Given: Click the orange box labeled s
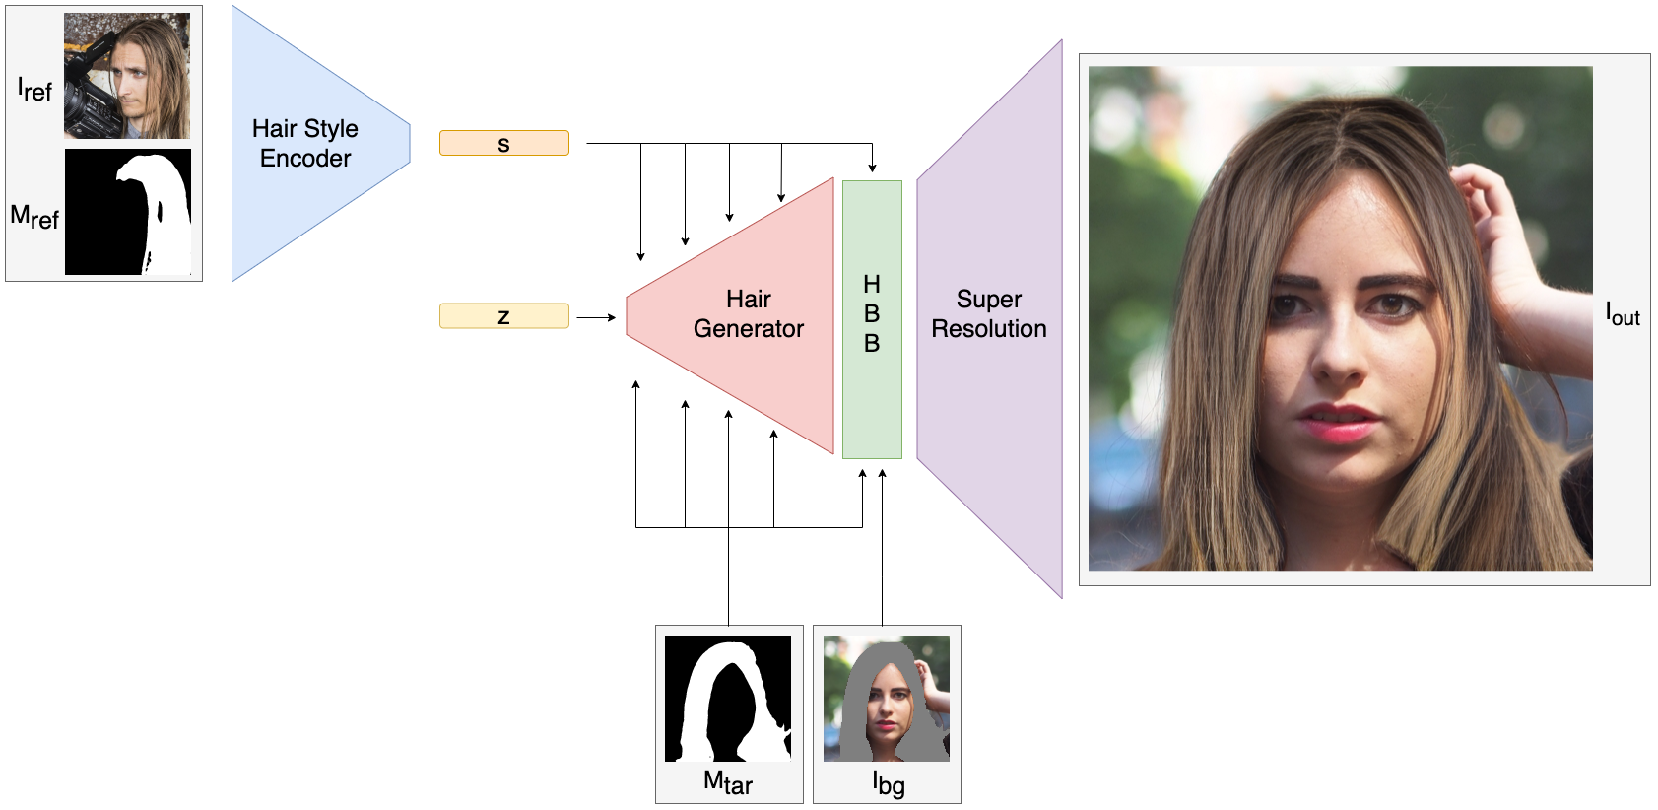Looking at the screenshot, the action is pos(503,143).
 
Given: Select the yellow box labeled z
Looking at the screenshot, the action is pos(503,315).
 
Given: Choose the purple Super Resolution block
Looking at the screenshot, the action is pos(989,315).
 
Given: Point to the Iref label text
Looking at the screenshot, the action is pos(34,91).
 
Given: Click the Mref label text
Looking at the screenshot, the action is pos(34,216).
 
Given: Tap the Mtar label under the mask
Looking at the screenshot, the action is pos(728,783).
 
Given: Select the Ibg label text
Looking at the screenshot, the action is pos(889,783).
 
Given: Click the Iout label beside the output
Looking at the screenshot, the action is pos(1623,315).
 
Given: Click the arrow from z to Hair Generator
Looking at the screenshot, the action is pos(596,317).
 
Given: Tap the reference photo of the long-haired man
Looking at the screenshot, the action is pos(127,76).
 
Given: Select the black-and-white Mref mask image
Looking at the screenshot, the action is pos(128,212).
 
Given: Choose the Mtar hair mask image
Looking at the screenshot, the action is pos(728,698).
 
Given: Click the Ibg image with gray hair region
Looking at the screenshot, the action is pos(887,698).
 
